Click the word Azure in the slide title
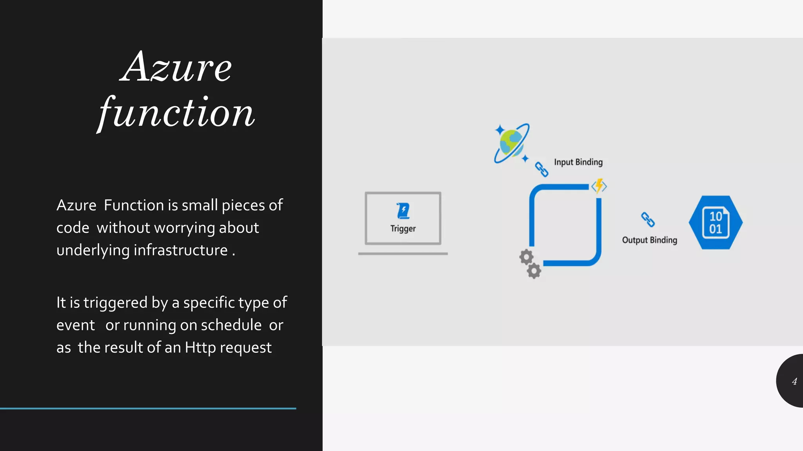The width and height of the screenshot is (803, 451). [x=176, y=67]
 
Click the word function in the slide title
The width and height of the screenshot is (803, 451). [x=176, y=114]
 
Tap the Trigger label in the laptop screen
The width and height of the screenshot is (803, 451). [x=403, y=229]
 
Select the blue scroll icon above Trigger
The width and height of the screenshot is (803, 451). [x=403, y=211]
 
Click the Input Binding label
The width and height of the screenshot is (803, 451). [x=578, y=162]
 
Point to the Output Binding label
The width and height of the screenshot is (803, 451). [x=649, y=240]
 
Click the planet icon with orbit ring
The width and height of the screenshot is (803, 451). [x=511, y=143]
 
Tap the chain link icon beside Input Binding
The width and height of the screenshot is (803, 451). [x=541, y=170]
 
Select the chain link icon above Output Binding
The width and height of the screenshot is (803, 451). [x=647, y=219]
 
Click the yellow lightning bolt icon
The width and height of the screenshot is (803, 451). [x=599, y=186]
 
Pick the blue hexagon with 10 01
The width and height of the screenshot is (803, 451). [x=716, y=222]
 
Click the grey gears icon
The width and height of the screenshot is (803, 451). [x=530, y=264]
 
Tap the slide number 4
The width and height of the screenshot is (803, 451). [x=794, y=381]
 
